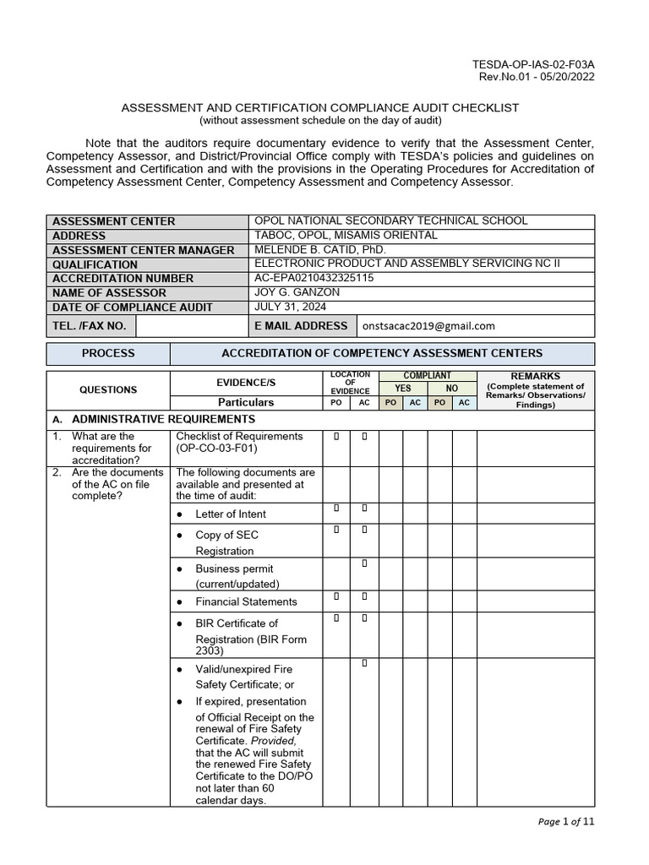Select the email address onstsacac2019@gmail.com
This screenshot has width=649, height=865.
[428, 326]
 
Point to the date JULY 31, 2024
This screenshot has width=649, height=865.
[290, 307]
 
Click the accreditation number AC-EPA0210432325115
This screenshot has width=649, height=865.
[314, 278]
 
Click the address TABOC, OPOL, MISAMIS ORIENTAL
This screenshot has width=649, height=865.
[346, 235]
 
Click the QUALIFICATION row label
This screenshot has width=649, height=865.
[95, 264]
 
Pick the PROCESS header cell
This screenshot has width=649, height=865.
[108, 353]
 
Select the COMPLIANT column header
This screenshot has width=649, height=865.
[428, 375]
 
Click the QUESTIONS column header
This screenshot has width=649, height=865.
[108, 389]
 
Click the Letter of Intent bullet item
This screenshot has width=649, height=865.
[231, 514]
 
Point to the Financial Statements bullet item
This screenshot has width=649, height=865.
[246, 601]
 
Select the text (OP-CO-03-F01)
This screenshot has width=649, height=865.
[216, 450]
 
